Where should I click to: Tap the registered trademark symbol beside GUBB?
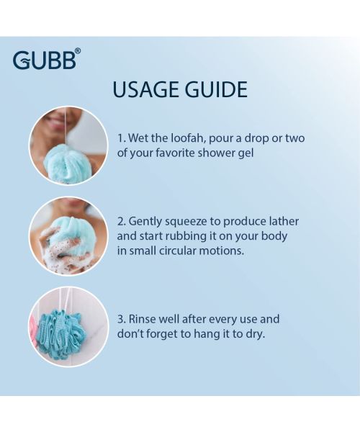point(78,51)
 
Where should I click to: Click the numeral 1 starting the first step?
point(120,138)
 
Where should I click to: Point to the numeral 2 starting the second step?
point(120,221)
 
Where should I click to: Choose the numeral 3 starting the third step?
point(120,319)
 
